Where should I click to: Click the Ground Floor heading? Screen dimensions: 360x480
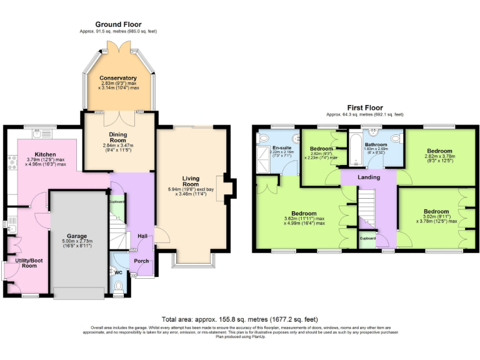pos(118,24)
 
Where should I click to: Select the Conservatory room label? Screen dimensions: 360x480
pos(117,78)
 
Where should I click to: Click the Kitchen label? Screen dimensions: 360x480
pos(45,154)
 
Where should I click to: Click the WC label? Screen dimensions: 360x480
pos(119,272)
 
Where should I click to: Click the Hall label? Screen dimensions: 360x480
pos(142,236)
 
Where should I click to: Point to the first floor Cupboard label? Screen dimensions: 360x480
pos(367,238)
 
